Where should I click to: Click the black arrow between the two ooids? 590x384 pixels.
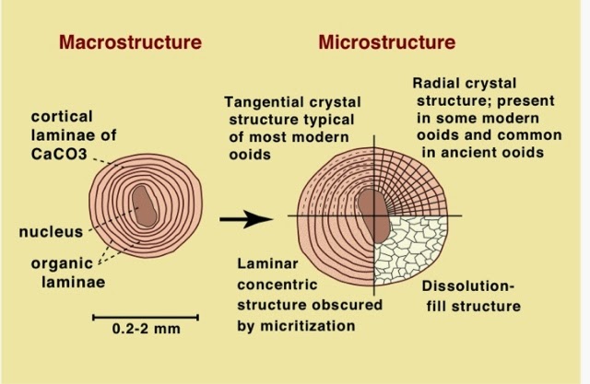247,219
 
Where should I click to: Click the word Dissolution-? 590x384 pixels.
466,285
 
